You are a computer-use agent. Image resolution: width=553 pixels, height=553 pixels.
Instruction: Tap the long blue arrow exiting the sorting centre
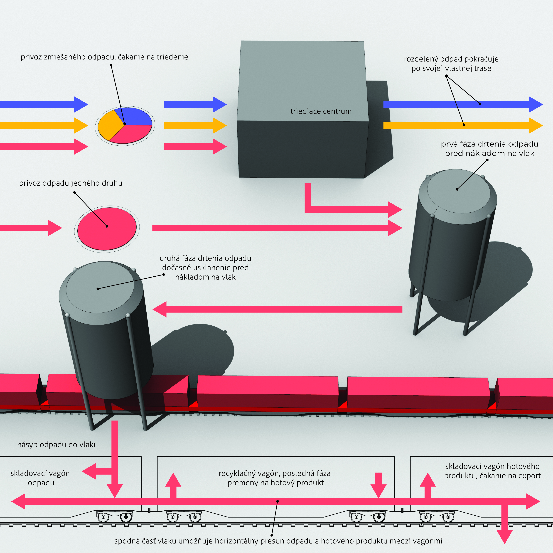pyautogui.click(x=458, y=104)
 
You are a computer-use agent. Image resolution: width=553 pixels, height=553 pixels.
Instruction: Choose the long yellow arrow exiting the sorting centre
pyautogui.click(x=458, y=125)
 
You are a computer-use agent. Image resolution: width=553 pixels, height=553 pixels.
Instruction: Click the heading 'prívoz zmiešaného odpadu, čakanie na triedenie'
pyautogui.click(x=104, y=57)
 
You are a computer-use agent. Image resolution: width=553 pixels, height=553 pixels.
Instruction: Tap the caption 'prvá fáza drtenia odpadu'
pyautogui.click(x=489, y=144)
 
